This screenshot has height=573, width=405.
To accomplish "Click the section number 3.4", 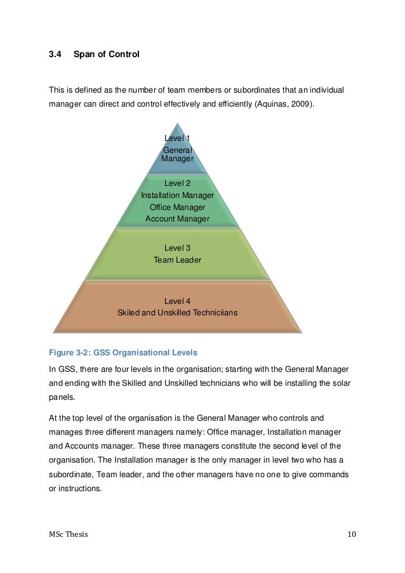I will point(56,55).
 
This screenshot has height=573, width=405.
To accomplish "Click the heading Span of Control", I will point(106,55).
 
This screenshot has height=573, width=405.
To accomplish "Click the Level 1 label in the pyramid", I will point(177,138).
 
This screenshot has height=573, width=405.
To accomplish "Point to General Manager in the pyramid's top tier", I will point(177,154).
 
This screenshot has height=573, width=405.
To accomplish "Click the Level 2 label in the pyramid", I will point(177,183).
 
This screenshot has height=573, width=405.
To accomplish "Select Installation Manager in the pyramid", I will point(177,195).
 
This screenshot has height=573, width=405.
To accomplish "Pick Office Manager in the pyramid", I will point(177,207).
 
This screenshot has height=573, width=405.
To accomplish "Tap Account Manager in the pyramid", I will point(177,219).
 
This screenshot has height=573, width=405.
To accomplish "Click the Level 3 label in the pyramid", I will point(177,248).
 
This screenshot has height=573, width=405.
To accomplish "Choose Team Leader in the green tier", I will point(177,260).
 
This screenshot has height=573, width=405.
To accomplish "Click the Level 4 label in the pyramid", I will point(177,301).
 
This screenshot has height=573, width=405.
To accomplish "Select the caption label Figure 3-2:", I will point(69,352).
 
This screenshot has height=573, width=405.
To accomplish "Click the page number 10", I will point(352,534).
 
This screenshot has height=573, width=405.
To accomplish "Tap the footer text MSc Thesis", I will point(69,534).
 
